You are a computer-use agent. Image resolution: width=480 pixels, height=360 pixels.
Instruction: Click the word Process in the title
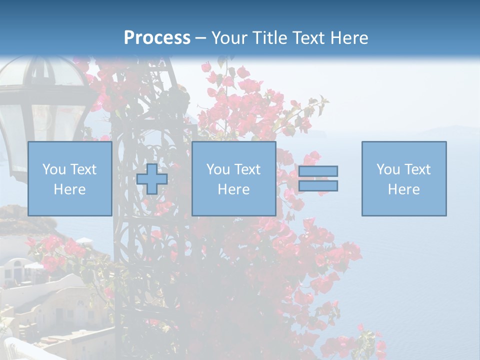pyautogui.click(x=157, y=38)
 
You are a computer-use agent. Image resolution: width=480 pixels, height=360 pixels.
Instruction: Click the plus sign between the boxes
pyautogui.click(x=152, y=179)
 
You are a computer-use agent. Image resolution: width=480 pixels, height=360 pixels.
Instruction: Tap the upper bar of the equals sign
pyautogui.click(x=318, y=171)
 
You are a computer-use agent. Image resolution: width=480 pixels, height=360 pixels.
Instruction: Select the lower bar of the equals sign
pyautogui.click(x=318, y=186)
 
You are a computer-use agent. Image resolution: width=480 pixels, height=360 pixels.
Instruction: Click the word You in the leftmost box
pyautogui.click(x=54, y=169)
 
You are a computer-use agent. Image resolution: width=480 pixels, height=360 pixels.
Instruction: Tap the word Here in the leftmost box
pyautogui.click(x=69, y=189)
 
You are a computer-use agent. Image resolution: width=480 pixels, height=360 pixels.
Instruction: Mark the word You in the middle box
pyautogui.click(x=218, y=169)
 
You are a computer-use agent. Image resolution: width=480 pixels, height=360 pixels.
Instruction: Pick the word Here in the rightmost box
pyautogui.click(x=403, y=189)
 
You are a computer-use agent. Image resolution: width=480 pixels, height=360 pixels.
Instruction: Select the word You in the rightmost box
pyautogui.click(x=388, y=169)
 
